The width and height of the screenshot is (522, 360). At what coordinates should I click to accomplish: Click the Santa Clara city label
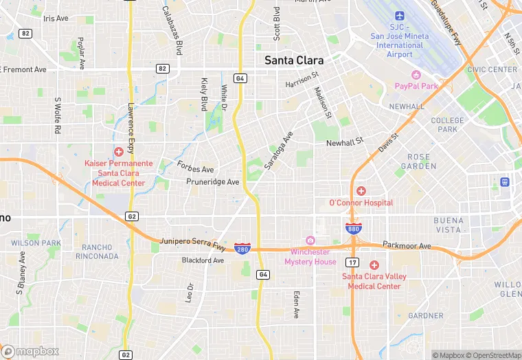294,60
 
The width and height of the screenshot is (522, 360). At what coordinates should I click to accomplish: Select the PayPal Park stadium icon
416,74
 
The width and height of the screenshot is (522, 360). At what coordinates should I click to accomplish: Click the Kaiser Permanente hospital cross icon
119,151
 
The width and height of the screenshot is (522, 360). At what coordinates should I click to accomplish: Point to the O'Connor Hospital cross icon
361,190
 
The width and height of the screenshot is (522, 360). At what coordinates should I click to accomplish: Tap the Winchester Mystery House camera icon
310,240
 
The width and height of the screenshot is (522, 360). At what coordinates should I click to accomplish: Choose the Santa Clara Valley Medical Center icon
374,265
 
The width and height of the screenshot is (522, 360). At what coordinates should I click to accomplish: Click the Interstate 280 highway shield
242,247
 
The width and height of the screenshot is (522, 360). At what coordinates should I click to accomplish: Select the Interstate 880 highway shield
353,228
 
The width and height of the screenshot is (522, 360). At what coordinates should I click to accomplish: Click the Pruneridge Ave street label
213,182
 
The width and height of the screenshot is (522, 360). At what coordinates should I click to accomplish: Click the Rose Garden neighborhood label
418,161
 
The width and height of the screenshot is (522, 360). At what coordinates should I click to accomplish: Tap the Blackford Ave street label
203,260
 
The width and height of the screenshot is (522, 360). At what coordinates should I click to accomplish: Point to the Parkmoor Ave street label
406,246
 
